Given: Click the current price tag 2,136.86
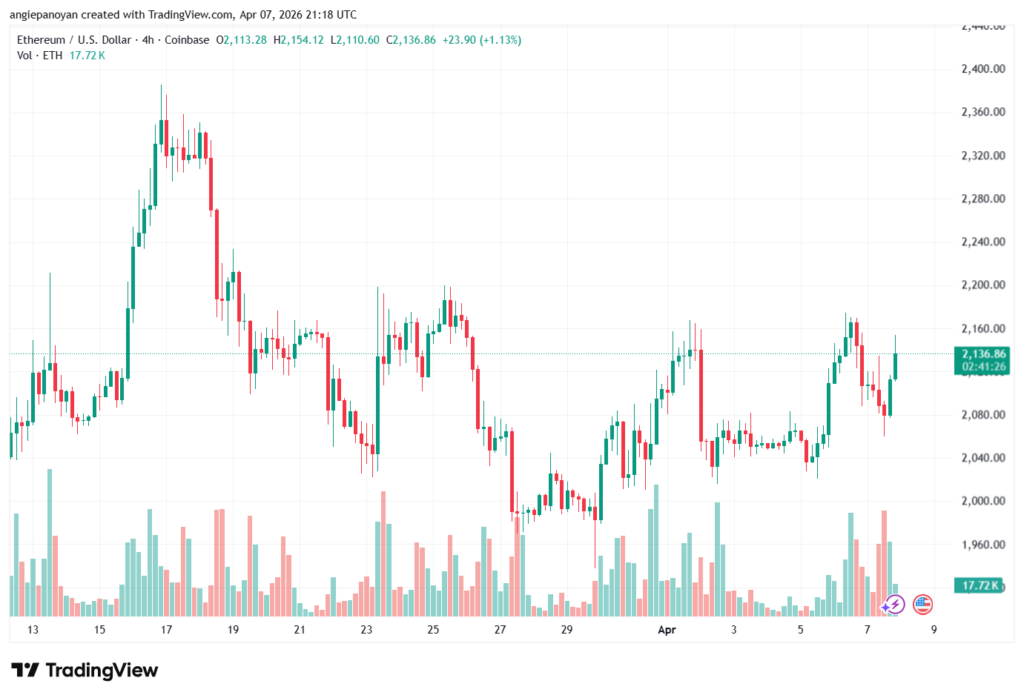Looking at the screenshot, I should pyautogui.click(x=982, y=354).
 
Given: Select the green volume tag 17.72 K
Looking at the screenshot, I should pyautogui.click(x=979, y=585).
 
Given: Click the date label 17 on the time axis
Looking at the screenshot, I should pyautogui.click(x=166, y=630).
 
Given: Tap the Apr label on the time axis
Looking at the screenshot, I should pyautogui.click(x=666, y=630).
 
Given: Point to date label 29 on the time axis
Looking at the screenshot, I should pyautogui.click(x=566, y=630).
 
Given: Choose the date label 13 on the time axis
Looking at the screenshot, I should pyautogui.click(x=33, y=630).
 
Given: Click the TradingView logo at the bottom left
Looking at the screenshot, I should pyautogui.click(x=84, y=670).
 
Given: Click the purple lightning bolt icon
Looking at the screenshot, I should pyautogui.click(x=893, y=604).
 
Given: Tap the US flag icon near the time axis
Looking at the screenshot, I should pyautogui.click(x=922, y=604).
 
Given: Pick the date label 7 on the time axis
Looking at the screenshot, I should pyautogui.click(x=867, y=630).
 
